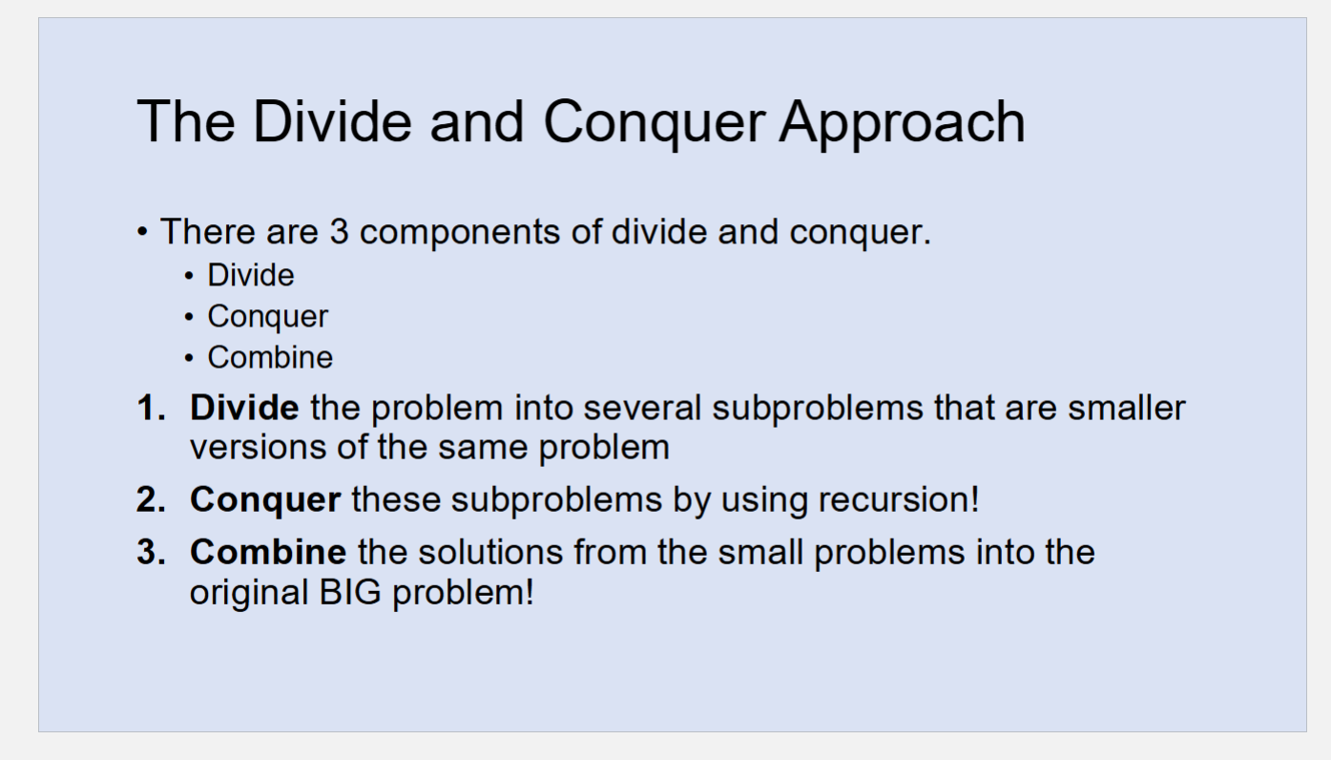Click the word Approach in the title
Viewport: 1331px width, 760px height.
point(902,124)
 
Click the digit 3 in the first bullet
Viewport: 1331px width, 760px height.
point(339,231)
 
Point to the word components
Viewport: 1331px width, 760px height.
point(459,233)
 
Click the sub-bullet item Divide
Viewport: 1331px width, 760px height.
point(251,275)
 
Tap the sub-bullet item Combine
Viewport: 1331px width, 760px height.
point(270,357)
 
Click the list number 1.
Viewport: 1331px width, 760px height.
point(151,408)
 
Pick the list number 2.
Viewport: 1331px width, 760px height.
point(151,499)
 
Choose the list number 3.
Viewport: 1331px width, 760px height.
point(151,552)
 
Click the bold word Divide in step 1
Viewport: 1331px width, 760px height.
point(244,408)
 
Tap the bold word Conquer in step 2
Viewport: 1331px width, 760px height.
point(265,500)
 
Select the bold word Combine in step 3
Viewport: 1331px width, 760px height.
point(268,552)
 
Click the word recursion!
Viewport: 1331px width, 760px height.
point(899,499)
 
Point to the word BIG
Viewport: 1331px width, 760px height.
point(350,592)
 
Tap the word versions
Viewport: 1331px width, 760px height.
point(258,447)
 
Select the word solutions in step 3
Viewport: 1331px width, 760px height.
point(490,552)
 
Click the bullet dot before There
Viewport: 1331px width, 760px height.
point(142,232)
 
